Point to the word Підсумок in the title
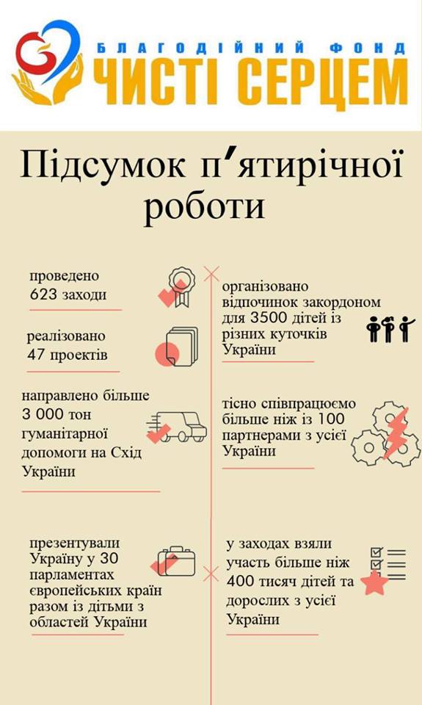pos(102,164)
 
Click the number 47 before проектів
pos(35,355)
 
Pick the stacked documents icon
pos(177,347)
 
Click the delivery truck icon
pos(177,427)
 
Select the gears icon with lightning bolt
pos(385,434)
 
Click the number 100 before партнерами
pos(331,419)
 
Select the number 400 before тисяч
pos(240,582)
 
